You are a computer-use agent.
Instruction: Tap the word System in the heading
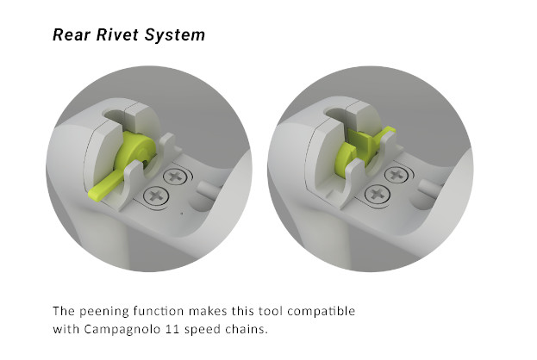(x=176, y=35)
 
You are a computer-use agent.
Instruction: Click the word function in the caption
(x=169, y=310)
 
